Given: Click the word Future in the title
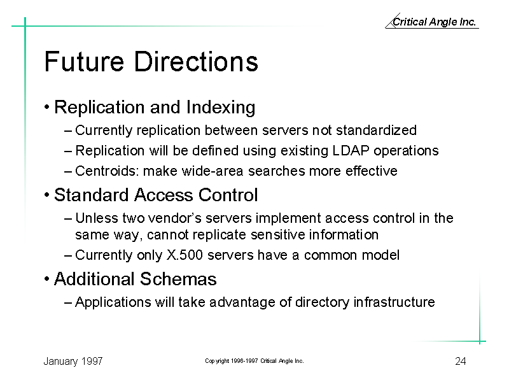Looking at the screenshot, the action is [x=84, y=61].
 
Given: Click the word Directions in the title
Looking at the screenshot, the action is [x=196, y=61].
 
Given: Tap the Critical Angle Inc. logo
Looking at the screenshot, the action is [x=432, y=22].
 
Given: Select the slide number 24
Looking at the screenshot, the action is [x=461, y=361].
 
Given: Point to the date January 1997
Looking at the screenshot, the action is [x=73, y=361].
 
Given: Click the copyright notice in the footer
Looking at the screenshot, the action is [x=254, y=361].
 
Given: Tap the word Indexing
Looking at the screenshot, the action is [x=221, y=108].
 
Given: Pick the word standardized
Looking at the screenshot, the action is [x=376, y=131].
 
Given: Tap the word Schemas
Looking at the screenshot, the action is [x=178, y=279].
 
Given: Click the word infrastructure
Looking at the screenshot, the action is [x=394, y=302].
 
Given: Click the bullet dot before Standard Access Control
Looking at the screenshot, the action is [x=47, y=195].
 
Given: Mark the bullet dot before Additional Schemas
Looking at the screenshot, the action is [x=47, y=279].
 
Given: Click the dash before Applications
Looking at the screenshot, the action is [x=68, y=303].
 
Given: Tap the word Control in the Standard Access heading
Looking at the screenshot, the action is [x=228, y=195].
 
